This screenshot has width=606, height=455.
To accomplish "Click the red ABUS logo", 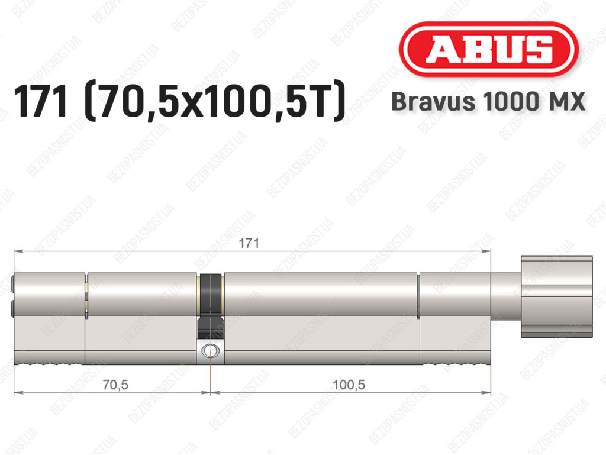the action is pos(488,49).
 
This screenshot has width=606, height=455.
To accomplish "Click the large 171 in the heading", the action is pos(40,102).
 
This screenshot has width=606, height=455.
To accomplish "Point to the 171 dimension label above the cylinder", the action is pos(249,243).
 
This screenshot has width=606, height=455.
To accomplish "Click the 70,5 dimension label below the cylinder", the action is pos(115,385).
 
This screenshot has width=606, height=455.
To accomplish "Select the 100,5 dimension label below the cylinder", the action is pos(349,385).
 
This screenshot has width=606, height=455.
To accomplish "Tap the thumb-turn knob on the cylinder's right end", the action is pos(556,296).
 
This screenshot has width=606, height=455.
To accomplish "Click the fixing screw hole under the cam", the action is pos(211,351).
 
